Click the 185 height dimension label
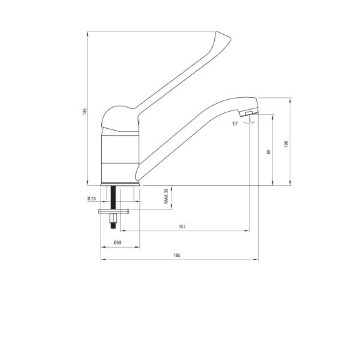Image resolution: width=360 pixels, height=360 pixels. tap(85, 112)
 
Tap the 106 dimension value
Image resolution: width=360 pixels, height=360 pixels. tap(286, 144)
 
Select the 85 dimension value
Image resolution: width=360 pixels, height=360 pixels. tap(269, 152)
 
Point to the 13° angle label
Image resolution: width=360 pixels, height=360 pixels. tap(235, 124)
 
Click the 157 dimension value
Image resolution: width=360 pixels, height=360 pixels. tap(182, 227)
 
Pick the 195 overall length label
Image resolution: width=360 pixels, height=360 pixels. tap(177, 256)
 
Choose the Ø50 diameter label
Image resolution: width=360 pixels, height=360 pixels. tap(118, 242)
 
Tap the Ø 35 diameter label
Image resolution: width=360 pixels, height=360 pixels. tap(92, 199)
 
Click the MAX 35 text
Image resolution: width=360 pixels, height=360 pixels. tap(166, 196)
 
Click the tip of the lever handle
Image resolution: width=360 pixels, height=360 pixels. tap(231, 38)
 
